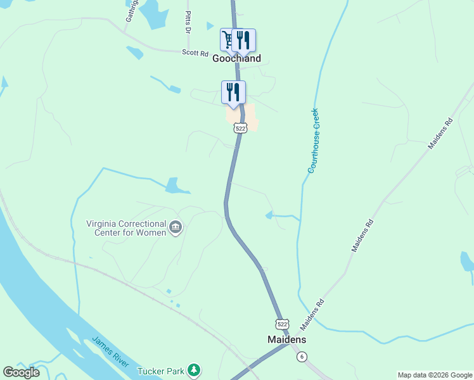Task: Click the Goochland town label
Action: point(236,58)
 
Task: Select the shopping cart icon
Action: point(227,40)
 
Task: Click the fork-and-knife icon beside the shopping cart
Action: point(244,40)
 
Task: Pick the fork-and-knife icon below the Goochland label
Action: point(233,92)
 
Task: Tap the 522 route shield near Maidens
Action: point(283,323)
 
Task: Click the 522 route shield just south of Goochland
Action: point(240,128)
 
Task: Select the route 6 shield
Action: point(302,357)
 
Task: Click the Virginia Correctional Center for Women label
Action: point(127,228)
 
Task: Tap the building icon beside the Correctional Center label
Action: point(176,227)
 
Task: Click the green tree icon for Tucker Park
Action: point(195,369)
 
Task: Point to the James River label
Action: point(111,351)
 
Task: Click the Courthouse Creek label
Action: point(313,141)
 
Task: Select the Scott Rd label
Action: point(195,54)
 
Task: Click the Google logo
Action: point(22,372)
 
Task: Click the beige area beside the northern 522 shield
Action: point(250,117)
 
